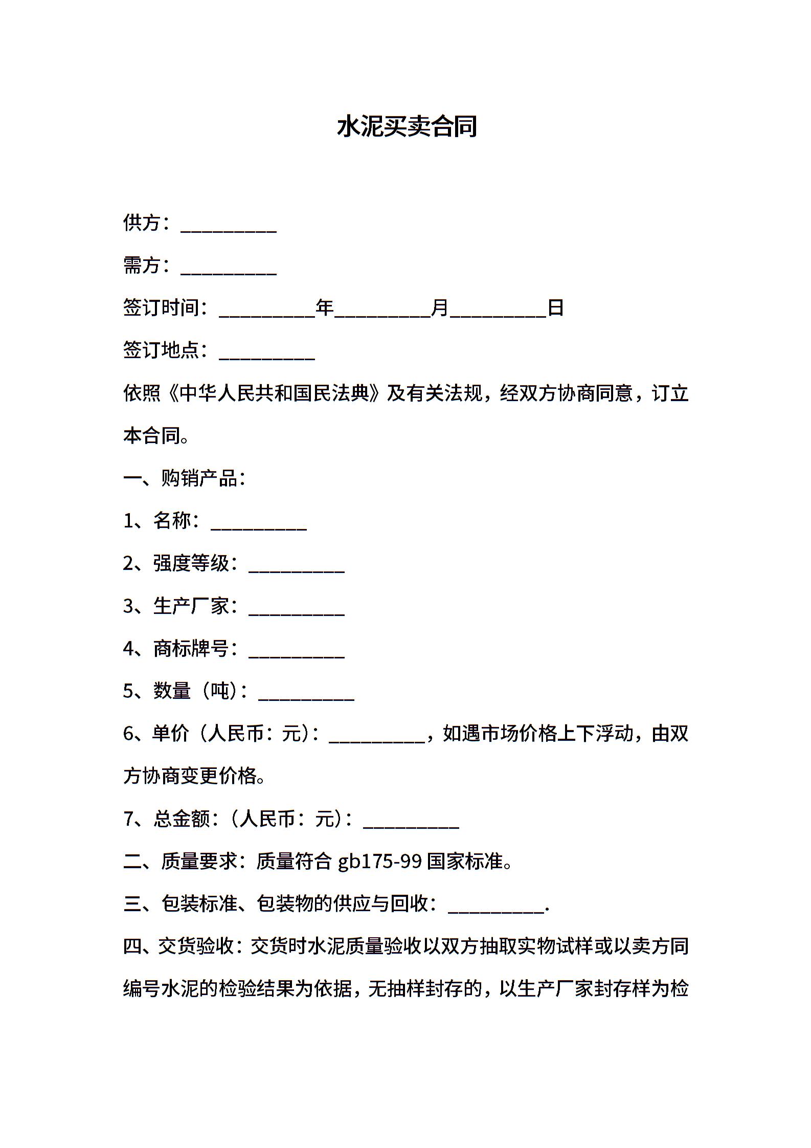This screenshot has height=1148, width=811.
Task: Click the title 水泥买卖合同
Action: coord(407,127)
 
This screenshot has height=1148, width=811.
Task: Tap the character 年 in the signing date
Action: coord(325,307)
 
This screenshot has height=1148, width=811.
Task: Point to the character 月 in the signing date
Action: coord(440,307)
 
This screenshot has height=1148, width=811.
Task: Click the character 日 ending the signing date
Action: coord(555,307)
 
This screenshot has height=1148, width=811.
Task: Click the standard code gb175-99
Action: coord(380,862)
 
